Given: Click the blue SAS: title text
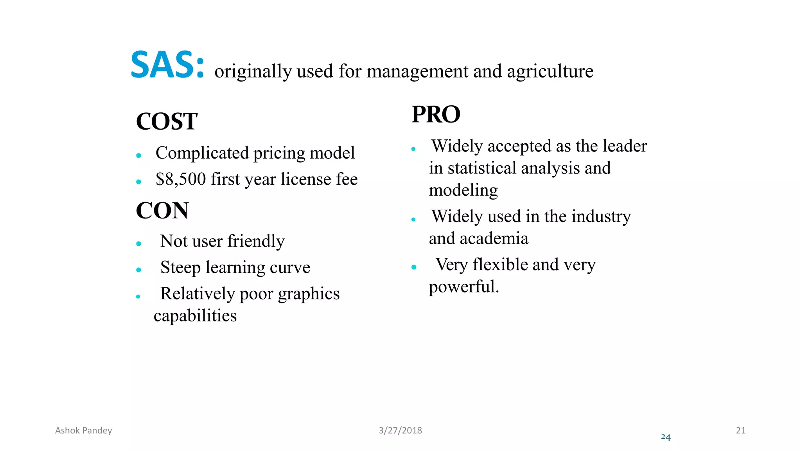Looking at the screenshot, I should [167, 65].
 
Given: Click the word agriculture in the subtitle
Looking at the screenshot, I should [550, 72].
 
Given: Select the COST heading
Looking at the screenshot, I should [167, 121].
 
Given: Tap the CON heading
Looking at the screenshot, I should [162, 211].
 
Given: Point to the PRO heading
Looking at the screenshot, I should [436, 115].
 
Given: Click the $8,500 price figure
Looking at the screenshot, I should [181, 179].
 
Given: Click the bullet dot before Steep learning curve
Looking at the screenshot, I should [138, 270].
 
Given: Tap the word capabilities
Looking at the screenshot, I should [195, 316].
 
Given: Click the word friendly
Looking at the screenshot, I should [256, 241].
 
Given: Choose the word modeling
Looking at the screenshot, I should [463, 191].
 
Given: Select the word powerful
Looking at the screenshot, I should [463, 287].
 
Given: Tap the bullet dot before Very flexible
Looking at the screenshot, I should [414, 267].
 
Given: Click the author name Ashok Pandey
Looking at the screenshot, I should [83, 431].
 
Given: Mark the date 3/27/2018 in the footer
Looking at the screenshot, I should [400, 431].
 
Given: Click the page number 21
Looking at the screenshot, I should [740, 431].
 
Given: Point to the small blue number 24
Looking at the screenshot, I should [665, 437].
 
